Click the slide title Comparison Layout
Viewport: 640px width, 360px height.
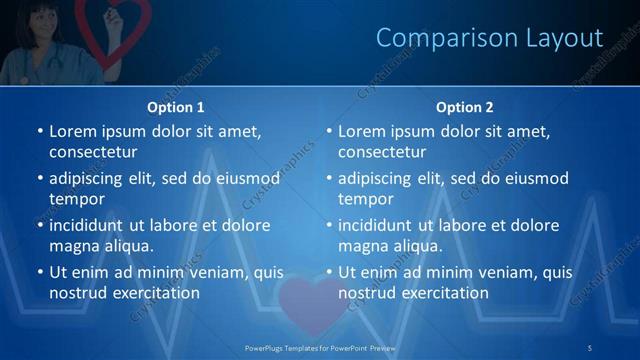tap(489, 38)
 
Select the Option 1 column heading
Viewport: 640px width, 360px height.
tap(176, 107)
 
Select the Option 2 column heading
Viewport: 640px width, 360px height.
tap(464, 107)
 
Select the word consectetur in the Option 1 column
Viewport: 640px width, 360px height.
tap(93, 152)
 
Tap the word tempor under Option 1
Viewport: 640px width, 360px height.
tap(74, 199)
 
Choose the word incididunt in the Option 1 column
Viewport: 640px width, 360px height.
tap(88, 225)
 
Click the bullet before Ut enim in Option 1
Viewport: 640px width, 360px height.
tap(39, 272)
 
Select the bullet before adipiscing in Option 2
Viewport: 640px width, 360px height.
tap(328, 178)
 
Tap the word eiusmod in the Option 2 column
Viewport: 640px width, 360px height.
tap(536, 178)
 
